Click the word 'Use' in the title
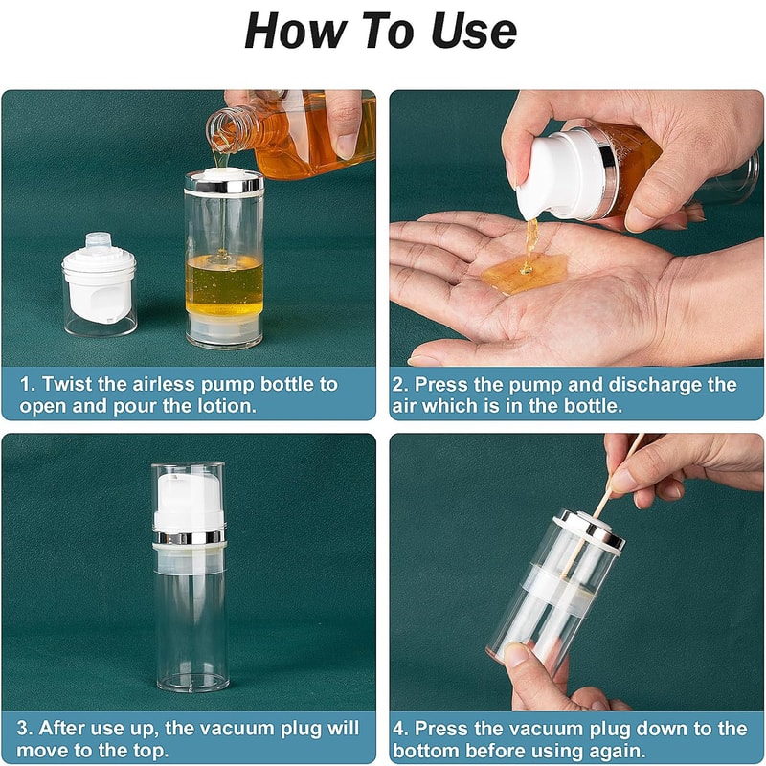coord(466,32)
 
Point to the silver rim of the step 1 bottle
coord(224,182)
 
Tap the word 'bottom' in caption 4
coord(427,751)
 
